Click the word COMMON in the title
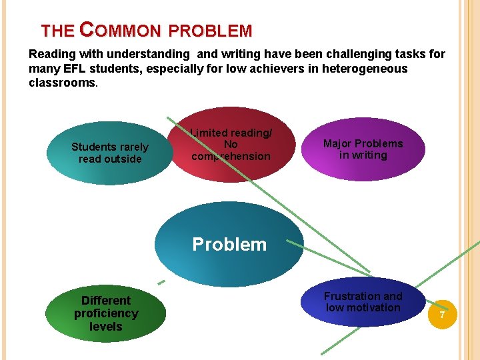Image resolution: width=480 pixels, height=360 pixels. click(120, 31)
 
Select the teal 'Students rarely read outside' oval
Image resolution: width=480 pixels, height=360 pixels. click(110, 153)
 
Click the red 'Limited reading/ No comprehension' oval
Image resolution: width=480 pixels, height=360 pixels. click(231, 145)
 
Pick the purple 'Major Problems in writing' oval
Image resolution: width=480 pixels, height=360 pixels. click(363, 149)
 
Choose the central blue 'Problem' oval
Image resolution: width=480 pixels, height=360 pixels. click(229, 245)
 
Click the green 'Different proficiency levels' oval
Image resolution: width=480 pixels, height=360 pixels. click(106, 313)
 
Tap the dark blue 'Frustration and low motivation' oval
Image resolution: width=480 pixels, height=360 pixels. click(363, 302)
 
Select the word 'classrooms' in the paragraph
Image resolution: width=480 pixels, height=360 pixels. click(62, 83)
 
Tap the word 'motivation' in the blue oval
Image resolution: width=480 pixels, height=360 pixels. click(374, 308)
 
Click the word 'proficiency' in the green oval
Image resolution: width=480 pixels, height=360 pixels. click(106, 313)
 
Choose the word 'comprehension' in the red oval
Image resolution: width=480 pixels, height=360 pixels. click(231, 157)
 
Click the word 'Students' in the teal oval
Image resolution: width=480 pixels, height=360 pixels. click(92, 147)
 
